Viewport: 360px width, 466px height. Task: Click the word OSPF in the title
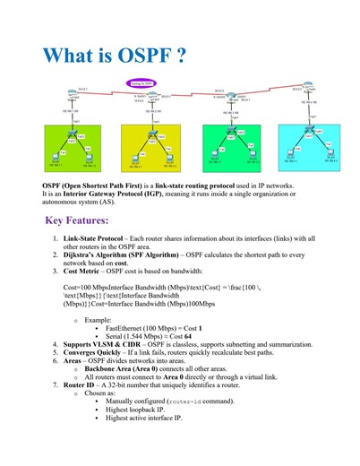coord(141,55)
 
